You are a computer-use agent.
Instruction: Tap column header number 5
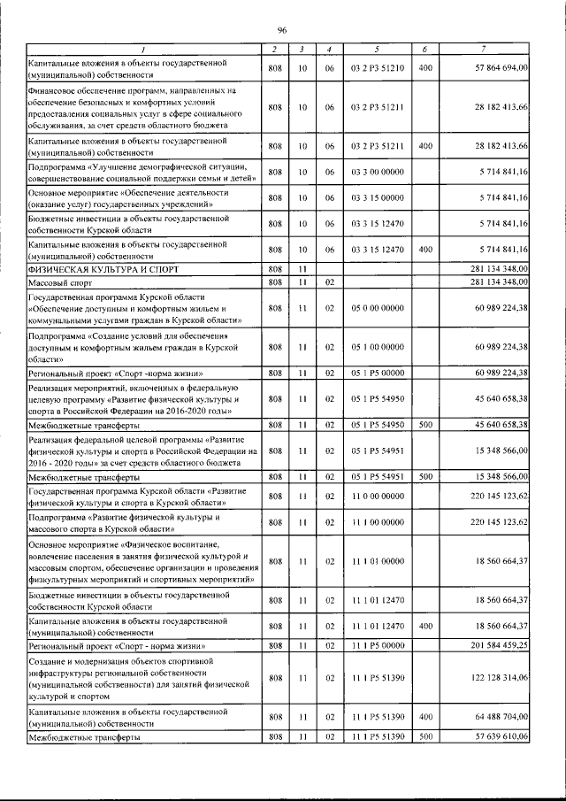pyautogui.click(x=377, y=48)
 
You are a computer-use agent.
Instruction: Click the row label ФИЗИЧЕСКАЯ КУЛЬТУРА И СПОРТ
pyautogui.click(x=96, y=268)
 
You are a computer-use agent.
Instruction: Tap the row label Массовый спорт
pyautogui.click(x=61, y=281)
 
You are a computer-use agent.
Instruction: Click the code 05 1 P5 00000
pyautogui.click(x=377, y=374)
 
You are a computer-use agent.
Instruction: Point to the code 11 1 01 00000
pyautogui.click(x=377, y=561)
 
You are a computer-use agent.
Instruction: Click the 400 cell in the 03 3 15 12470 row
pyautogui.click(x=425, y=249)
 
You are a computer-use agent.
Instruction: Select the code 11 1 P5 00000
pyautogui.click(x=377, y=647)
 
